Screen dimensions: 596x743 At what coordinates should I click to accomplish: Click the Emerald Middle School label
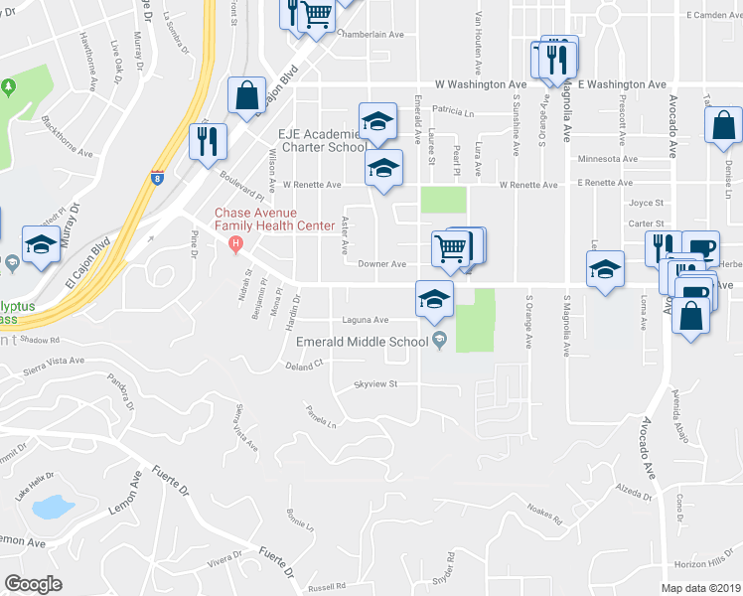point(362,342)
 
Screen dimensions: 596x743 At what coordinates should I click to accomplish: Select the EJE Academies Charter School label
point(314,140)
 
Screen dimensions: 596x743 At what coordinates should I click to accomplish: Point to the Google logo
point(33,584)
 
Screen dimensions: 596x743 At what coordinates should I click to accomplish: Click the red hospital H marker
point(235,244)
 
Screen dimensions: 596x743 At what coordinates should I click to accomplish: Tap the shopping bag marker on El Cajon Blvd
point(246,96)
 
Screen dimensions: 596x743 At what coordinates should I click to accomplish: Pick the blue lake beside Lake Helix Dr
point(50,508)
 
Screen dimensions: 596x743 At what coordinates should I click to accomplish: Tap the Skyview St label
point(376,384)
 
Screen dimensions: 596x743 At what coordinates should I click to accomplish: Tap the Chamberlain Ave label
point(371,34)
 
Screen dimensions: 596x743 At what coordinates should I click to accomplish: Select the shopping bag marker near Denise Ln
point(722,126)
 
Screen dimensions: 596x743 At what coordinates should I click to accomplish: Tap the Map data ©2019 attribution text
point(700,588)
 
